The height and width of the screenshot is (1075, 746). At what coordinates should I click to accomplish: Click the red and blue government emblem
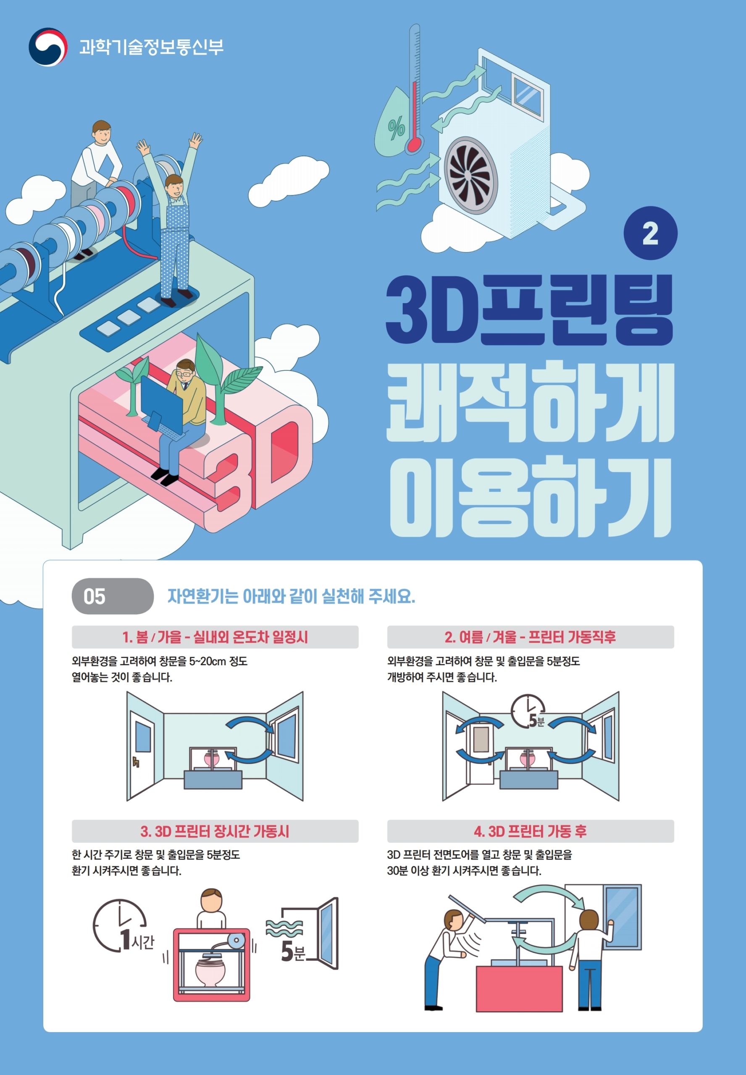pos(48,47)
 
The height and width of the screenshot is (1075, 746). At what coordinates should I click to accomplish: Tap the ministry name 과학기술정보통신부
pos(152,47)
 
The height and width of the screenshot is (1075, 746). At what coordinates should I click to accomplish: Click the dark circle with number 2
pos(650,233)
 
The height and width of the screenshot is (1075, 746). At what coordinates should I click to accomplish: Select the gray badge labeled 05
pos(113,596)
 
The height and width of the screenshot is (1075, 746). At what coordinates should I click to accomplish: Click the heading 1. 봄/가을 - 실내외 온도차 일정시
pos(215,637)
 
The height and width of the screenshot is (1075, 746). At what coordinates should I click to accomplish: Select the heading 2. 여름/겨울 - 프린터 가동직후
pos(530,637)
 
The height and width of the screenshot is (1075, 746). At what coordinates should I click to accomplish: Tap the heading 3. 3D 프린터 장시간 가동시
pos(215,831)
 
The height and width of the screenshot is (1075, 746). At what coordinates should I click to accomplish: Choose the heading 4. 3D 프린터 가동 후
pos(530,831)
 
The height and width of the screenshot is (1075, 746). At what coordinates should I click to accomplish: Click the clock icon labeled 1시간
pos(123,926)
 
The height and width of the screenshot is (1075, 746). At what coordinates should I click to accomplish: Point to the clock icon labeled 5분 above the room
pos(528,711)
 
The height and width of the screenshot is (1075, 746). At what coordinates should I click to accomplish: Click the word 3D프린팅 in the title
pos(529,310)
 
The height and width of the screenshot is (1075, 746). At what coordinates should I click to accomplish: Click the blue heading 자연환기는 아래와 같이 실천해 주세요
pos(291,596)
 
